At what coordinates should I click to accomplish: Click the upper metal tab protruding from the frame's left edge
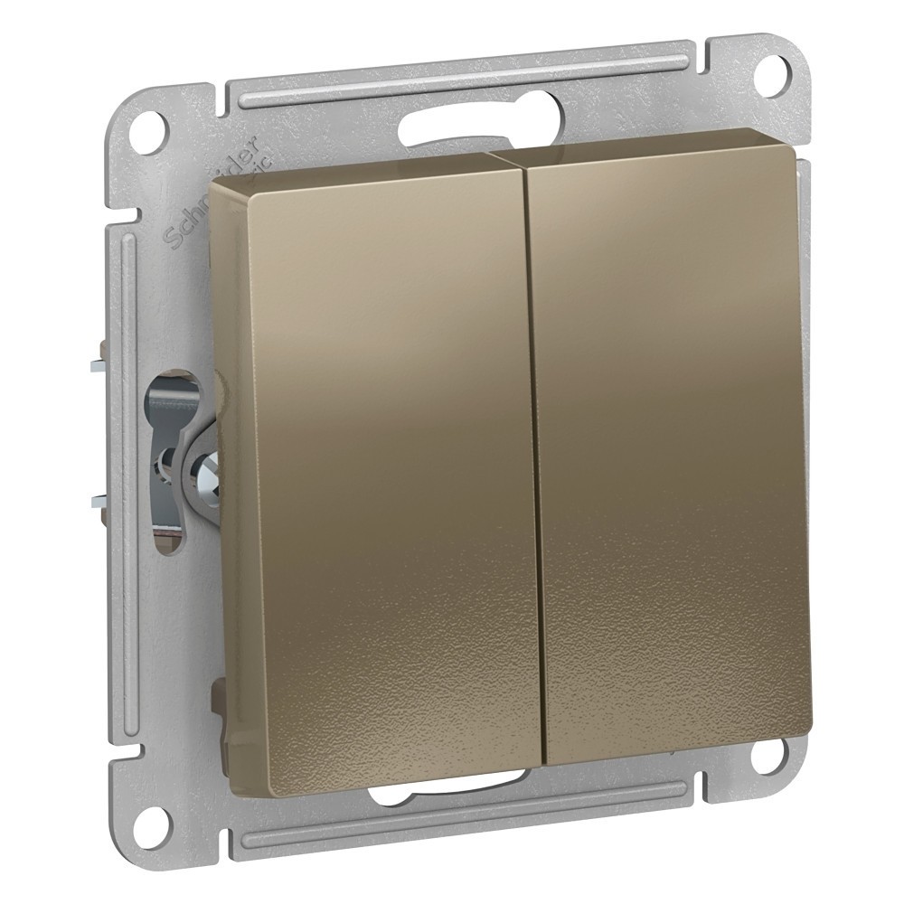97,367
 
